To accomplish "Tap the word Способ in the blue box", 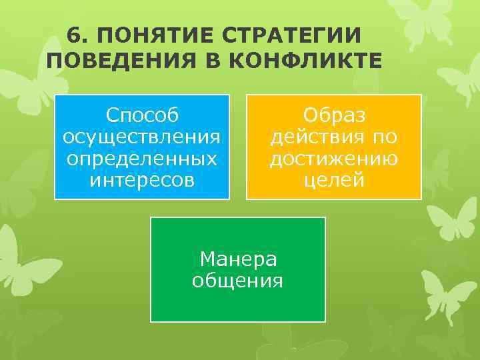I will coord(142,115).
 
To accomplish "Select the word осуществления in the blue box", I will coord(142,137).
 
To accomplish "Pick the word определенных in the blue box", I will coord(142,159).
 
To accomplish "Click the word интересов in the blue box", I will coord(142,180).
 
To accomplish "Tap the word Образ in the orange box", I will coord(334,115).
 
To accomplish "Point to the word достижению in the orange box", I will coord(334,159).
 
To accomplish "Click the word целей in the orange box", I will coord(334,180).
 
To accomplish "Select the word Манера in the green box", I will coord(238,259).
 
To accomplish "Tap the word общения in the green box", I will coord(238,280).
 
